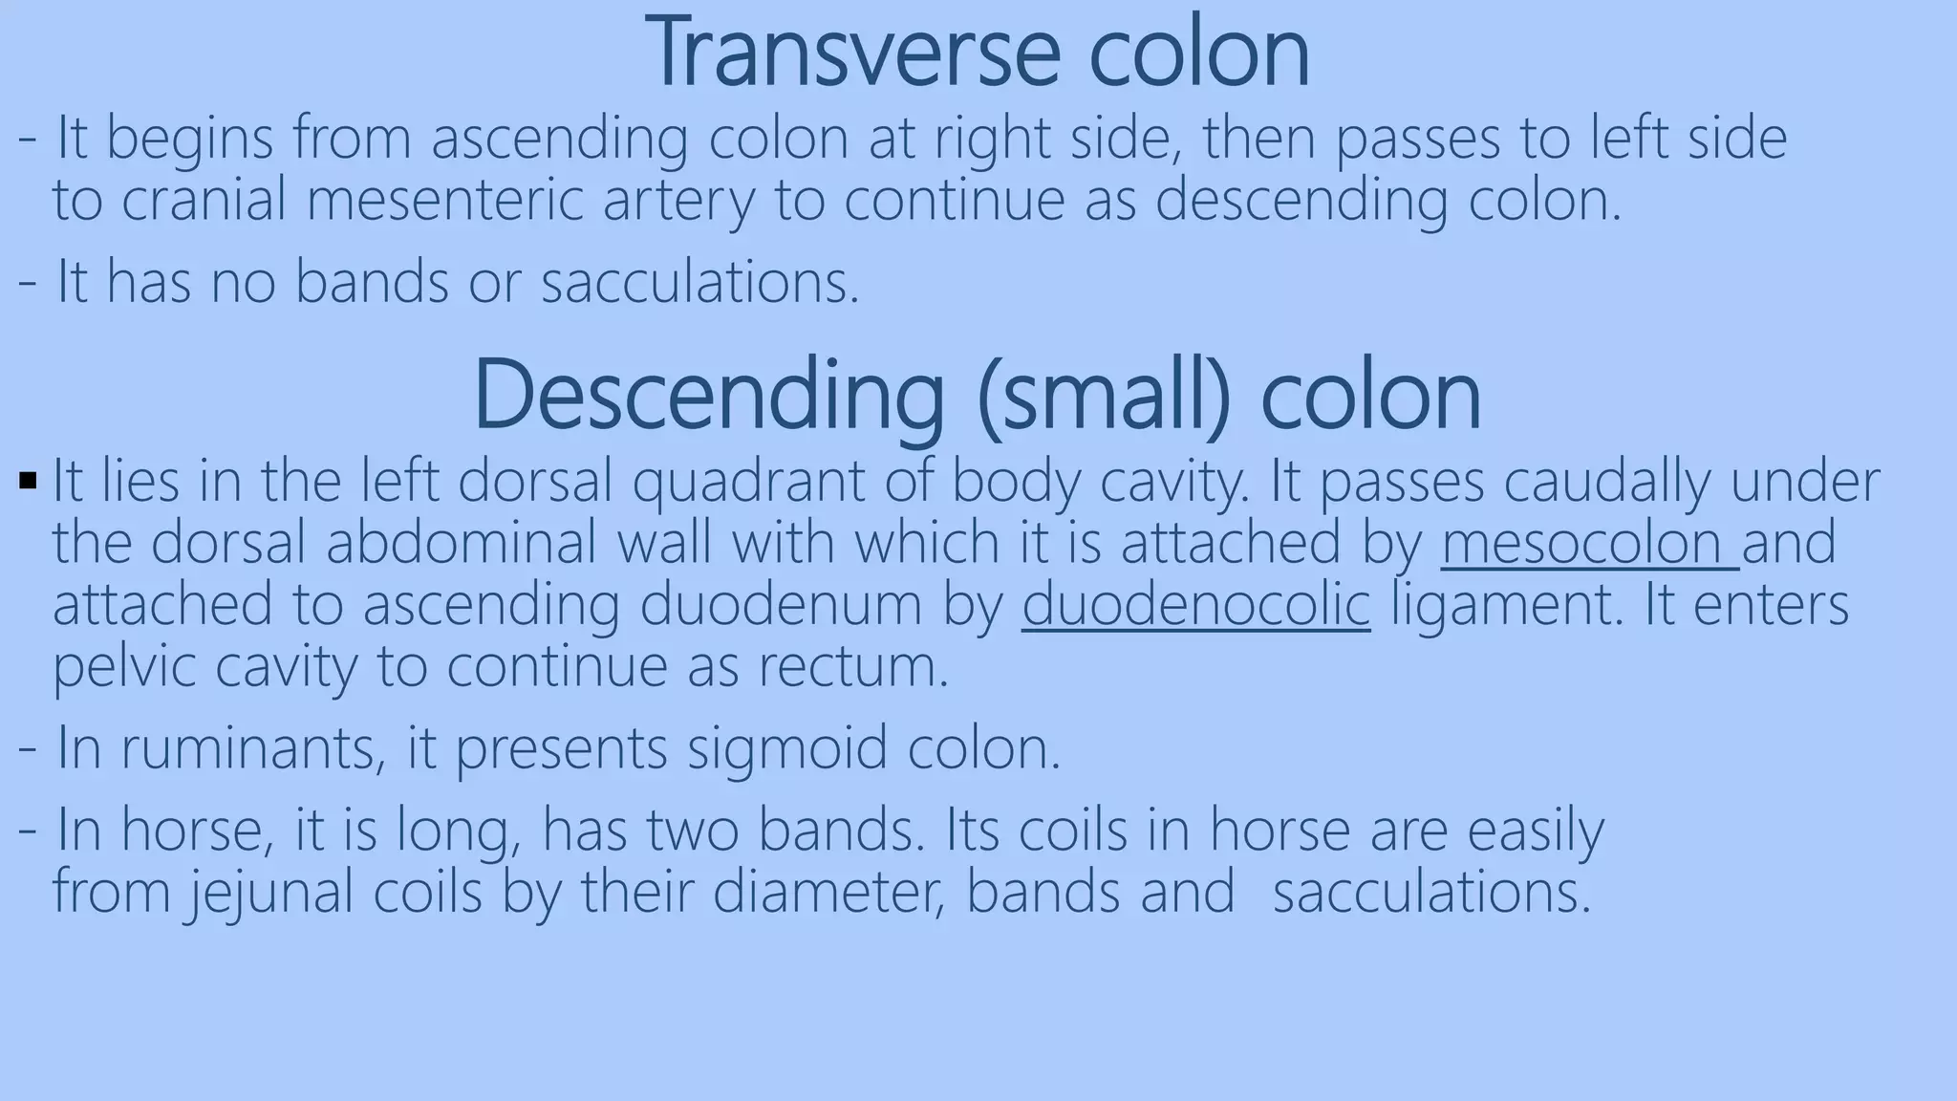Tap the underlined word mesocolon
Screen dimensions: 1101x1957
pyautogui.click(x=1589, y=543)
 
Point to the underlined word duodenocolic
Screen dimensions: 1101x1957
pyautogui.click(x=1195, y=605)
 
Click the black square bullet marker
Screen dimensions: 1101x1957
pyautogui.click(x=27, y=477)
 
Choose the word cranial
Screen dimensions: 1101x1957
pyautogui.click(x=204, y=200)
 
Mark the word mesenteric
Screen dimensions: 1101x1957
pyautogui.click(x=444, y=200)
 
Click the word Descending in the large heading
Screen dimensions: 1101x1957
pyautogui.click(x=708, y=395)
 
